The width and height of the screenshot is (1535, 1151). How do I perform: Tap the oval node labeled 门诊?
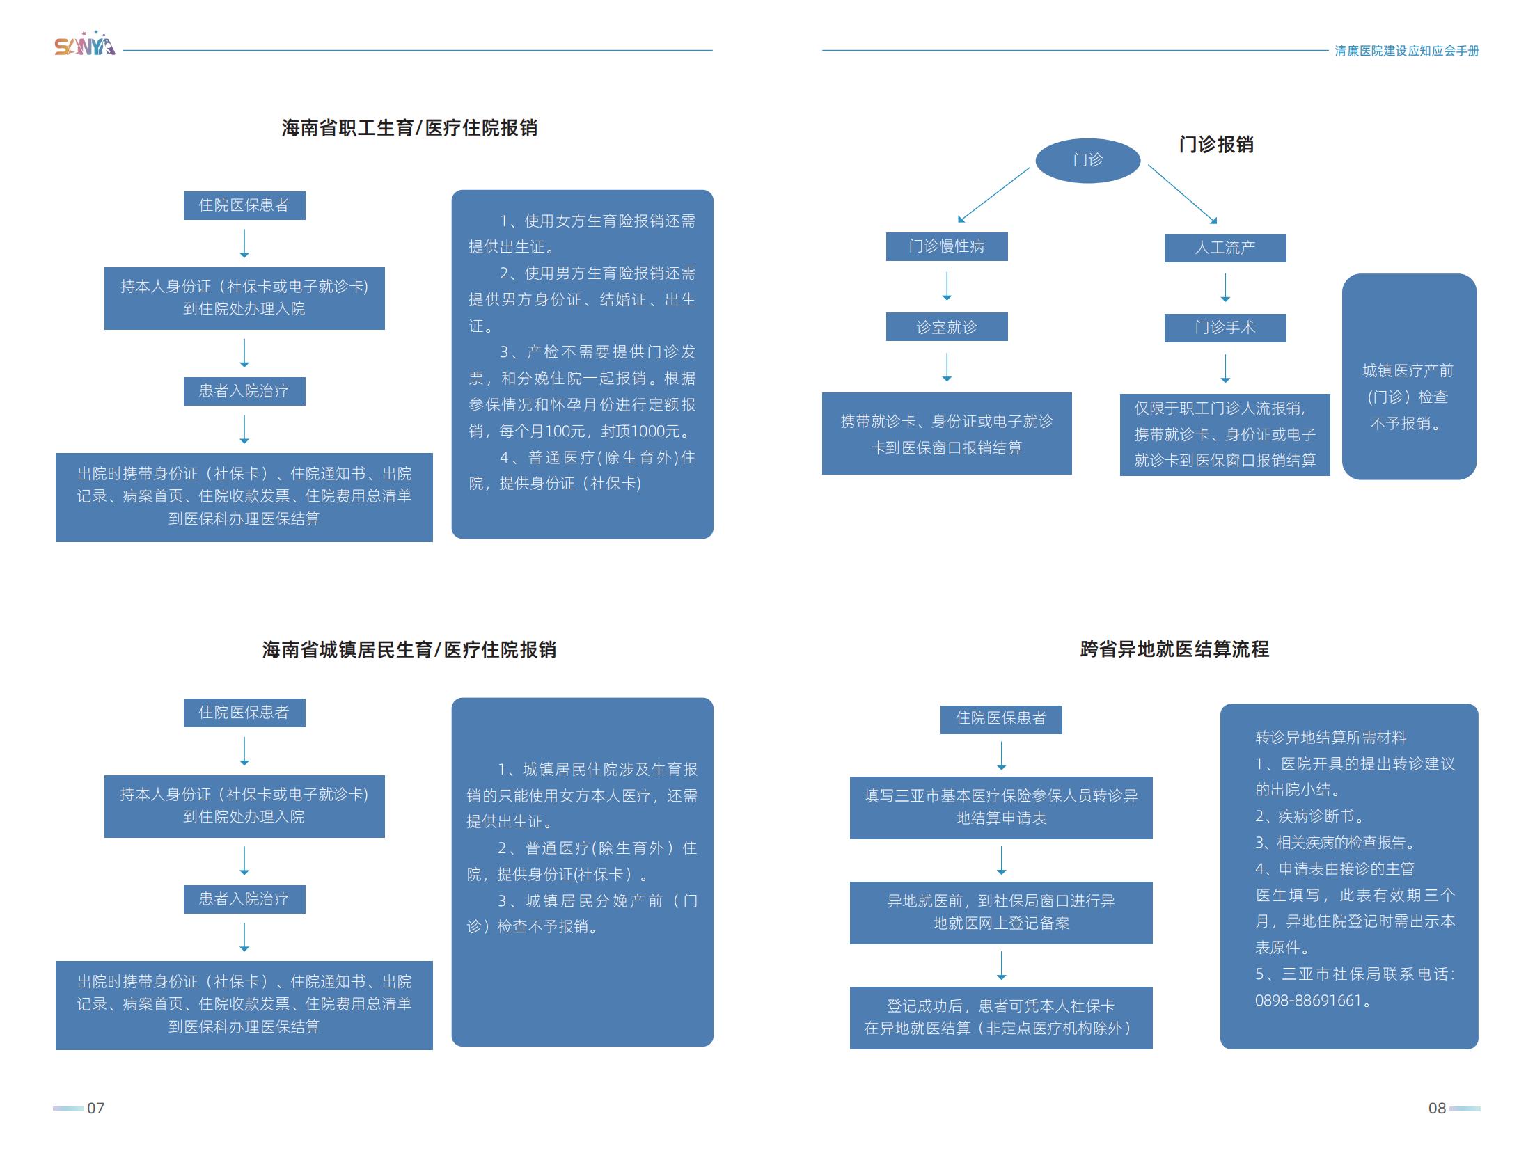[1087, 160]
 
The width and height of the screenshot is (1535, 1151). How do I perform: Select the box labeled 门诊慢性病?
[947, 246]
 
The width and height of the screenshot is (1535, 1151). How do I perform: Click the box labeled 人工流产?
[1225, 248]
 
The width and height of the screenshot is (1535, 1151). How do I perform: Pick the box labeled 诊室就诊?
[947, 327]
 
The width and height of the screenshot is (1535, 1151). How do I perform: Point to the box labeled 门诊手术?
[1225, 328]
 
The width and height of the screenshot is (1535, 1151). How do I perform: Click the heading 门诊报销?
[1216, 145]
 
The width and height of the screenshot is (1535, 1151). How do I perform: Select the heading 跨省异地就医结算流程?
[1174, 649]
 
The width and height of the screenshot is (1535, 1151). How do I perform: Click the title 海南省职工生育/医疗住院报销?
[409, 128]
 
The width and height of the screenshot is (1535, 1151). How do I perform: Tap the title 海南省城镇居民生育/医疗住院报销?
[409, 650]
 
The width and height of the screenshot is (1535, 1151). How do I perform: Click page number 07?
[95, 1109]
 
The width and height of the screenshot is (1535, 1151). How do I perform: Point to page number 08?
[1437, 1109]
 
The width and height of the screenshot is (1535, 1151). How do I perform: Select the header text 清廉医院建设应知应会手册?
[1406, 51]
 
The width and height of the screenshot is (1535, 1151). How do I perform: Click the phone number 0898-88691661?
[1307, 1001]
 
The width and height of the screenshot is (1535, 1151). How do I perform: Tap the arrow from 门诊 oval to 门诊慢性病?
[993, 195]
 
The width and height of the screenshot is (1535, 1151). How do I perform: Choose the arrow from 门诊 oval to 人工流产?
[1182, 194]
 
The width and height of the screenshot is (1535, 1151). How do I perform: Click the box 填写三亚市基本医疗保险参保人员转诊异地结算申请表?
[1001, 807]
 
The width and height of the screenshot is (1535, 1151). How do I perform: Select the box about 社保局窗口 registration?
[1001, 912]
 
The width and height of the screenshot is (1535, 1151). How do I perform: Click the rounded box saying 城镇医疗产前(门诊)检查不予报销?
[1409, 376]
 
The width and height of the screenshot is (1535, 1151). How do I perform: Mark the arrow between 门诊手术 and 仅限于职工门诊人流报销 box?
[1225, 369]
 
